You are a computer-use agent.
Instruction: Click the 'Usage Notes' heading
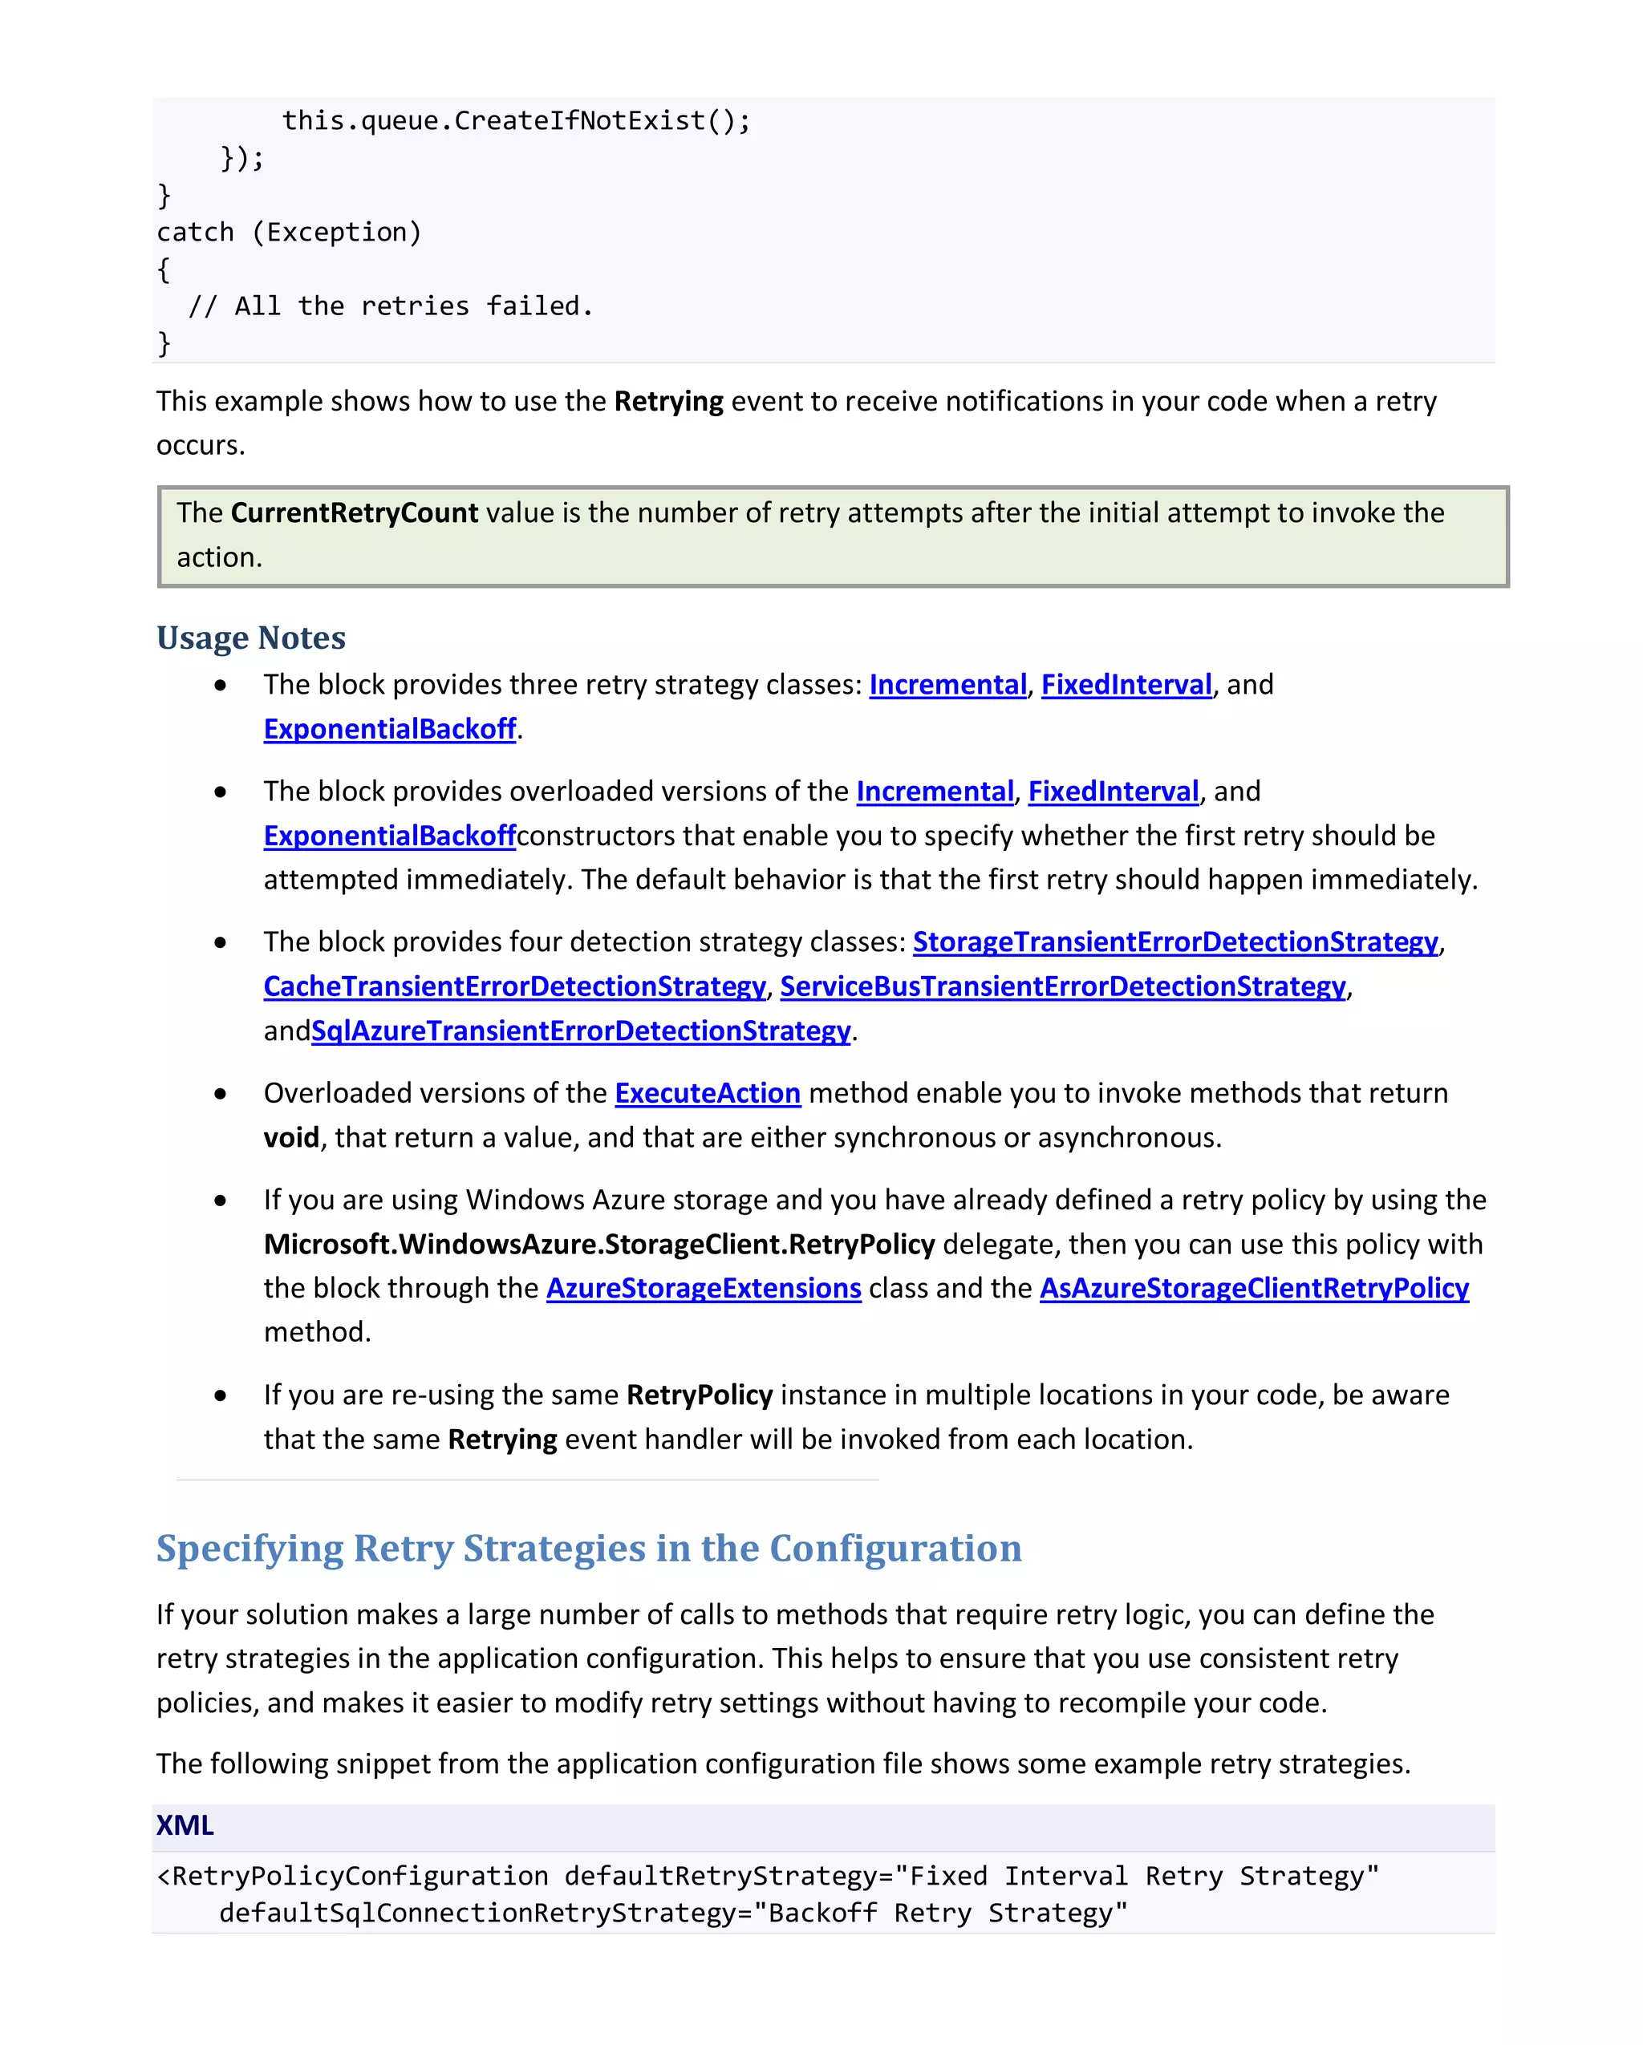coord(250,638)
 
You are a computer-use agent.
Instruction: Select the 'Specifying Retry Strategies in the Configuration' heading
coord(588,1548)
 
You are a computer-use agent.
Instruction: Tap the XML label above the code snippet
coord(185,1825)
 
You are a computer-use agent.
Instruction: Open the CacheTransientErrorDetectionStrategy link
coord(514,986)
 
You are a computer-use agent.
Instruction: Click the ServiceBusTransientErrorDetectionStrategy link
coord(1062,986)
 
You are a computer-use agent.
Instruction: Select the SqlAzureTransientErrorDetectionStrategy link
coord(581,1031)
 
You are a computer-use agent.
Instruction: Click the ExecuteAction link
coord(707,1094)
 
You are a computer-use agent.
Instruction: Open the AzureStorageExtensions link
coord(703,1288)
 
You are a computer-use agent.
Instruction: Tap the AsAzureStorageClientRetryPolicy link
coord(1253,1288)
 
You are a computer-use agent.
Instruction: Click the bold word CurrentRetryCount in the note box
coord(354,513)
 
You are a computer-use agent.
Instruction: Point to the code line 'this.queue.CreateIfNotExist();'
coord(516,121)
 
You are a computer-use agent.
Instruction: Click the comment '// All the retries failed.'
coord(390,306)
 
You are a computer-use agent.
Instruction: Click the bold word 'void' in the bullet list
coord(291,1137)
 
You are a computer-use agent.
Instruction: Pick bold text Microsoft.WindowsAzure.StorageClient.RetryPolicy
coord(598,1245)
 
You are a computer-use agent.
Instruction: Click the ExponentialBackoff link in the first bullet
coord(389,730)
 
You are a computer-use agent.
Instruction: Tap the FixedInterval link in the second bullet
coord(1113,792)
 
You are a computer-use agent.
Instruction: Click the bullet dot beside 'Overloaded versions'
coord(220,1094)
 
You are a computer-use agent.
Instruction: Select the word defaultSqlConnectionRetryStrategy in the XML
coord(477,1913)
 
